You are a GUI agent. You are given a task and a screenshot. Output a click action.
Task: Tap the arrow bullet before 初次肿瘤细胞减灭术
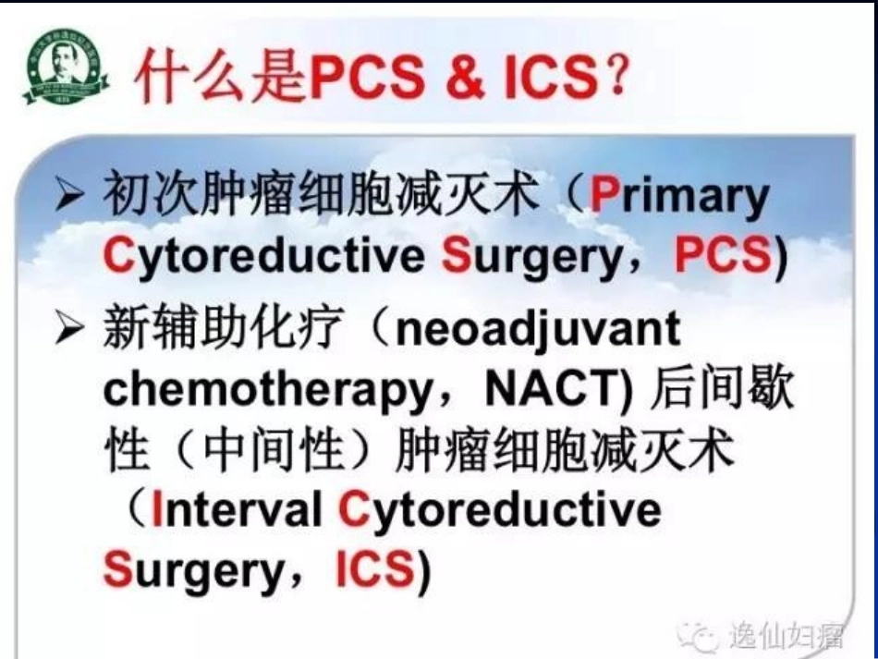70,197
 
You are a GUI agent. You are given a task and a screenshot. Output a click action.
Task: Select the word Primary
679,196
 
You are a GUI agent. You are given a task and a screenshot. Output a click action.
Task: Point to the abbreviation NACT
558,391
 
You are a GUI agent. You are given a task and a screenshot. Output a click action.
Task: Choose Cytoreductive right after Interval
500,510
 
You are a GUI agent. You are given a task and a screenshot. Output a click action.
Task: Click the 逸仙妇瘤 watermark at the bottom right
786,636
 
